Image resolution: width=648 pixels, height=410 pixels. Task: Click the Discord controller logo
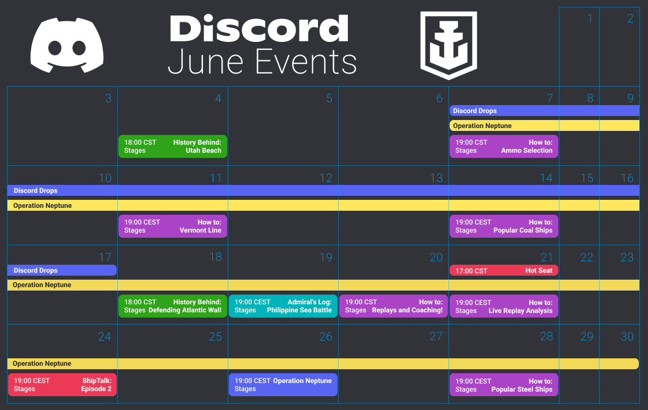click(67, 45)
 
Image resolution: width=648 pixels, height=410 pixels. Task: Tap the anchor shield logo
click(448, 45)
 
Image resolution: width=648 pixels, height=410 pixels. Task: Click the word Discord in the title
click(259, 28)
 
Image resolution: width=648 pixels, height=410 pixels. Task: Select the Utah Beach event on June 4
click(172, 146)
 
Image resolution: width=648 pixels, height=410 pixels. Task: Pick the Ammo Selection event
click(504, 146)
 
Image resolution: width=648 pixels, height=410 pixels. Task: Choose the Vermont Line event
click(172, 226)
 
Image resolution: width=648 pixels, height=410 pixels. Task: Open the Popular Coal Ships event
click(504, 226)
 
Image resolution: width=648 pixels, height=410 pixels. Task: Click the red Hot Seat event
click(504, 270)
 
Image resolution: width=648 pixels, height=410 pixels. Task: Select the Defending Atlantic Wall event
click(172, 306)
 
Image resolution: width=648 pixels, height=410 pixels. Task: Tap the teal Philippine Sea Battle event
click(283, 306)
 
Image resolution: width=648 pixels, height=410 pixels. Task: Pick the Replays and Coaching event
click(393, 306)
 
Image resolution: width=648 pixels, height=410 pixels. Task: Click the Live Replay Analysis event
click(504, 307)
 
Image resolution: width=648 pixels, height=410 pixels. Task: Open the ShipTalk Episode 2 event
click(63, 385)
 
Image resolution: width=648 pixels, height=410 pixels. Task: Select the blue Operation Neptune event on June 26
click(283, 385)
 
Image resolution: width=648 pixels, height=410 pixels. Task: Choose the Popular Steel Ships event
click(504, 385)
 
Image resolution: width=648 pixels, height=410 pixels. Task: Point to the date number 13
click(436, 178)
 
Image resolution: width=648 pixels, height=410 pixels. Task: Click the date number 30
click(627, 336)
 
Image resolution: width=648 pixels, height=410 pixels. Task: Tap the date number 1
click(590, 18)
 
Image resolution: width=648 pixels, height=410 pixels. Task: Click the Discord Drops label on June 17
click(36, 270)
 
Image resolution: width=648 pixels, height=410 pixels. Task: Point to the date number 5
click(329, 98)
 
